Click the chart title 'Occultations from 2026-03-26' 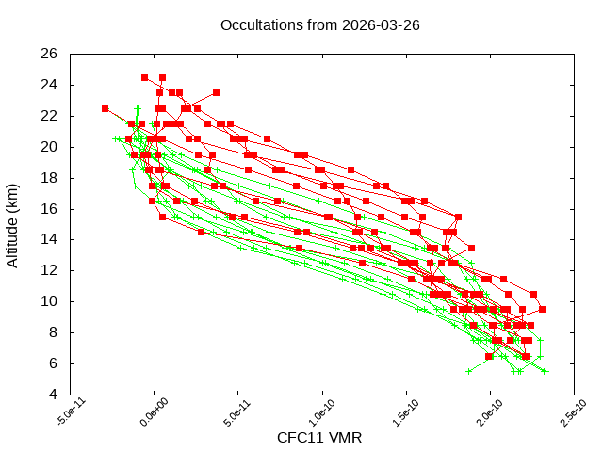click(319, 24)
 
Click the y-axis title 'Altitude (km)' click(13, 224)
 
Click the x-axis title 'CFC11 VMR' click(319, 438)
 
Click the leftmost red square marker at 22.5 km click(106, 108)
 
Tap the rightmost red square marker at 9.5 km click(542, 309)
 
